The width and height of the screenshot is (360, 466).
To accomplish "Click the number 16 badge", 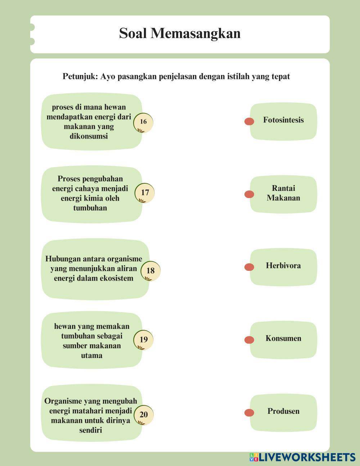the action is point(143,122).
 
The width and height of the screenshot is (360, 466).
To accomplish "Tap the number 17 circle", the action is point(145,193).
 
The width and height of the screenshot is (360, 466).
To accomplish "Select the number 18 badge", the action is point(150,271).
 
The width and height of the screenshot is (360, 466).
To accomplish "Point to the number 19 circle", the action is point(144,340).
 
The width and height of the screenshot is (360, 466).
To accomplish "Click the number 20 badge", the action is point(144,415).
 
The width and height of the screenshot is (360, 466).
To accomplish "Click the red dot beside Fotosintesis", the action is point(249,121).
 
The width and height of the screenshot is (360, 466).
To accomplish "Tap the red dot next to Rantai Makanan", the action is point(249,194).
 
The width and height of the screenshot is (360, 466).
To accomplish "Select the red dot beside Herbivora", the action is point(249,267).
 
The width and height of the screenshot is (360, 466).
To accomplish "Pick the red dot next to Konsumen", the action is point(249,340).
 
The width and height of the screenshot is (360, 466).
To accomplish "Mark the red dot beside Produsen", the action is point(249,413).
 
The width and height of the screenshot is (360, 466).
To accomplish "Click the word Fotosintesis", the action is point(283,120).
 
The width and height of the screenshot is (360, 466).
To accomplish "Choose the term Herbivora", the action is point(283,266).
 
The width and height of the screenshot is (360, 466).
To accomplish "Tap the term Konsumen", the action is point(283,339).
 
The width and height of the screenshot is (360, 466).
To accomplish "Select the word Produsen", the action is point(283,411).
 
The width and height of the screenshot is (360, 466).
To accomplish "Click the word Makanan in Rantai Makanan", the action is point(283,198).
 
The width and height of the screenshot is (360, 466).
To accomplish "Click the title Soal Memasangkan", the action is point(180,33).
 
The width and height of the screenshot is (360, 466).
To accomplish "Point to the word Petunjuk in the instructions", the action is point(80,77).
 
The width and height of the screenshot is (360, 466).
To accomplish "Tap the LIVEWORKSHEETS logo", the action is point(302,457).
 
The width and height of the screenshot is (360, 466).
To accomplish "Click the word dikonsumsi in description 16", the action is point(89,136).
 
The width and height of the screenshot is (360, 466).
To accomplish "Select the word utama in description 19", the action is point(92,355).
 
